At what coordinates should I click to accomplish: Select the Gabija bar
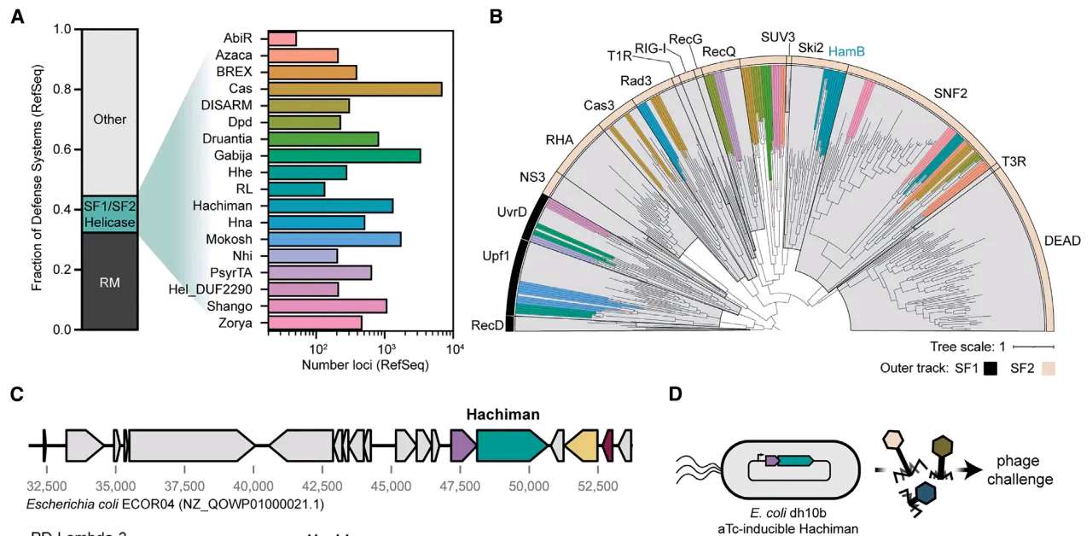click(x=345, y=155)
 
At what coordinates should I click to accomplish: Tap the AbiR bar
click(x=282, y=38)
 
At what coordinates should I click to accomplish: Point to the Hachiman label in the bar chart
click(x=232, y=206)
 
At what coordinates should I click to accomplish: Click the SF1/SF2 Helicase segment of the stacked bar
click(x=108, y=213)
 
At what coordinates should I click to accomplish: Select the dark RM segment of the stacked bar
click(x=108, y=282)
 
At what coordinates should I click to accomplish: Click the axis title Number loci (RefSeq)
click(x=364, y=365)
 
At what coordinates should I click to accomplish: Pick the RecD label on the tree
click(x=486, y=325)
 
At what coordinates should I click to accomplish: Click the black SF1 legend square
click(x=990, y=369)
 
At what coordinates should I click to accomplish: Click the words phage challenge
click(x=1023, y=469)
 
